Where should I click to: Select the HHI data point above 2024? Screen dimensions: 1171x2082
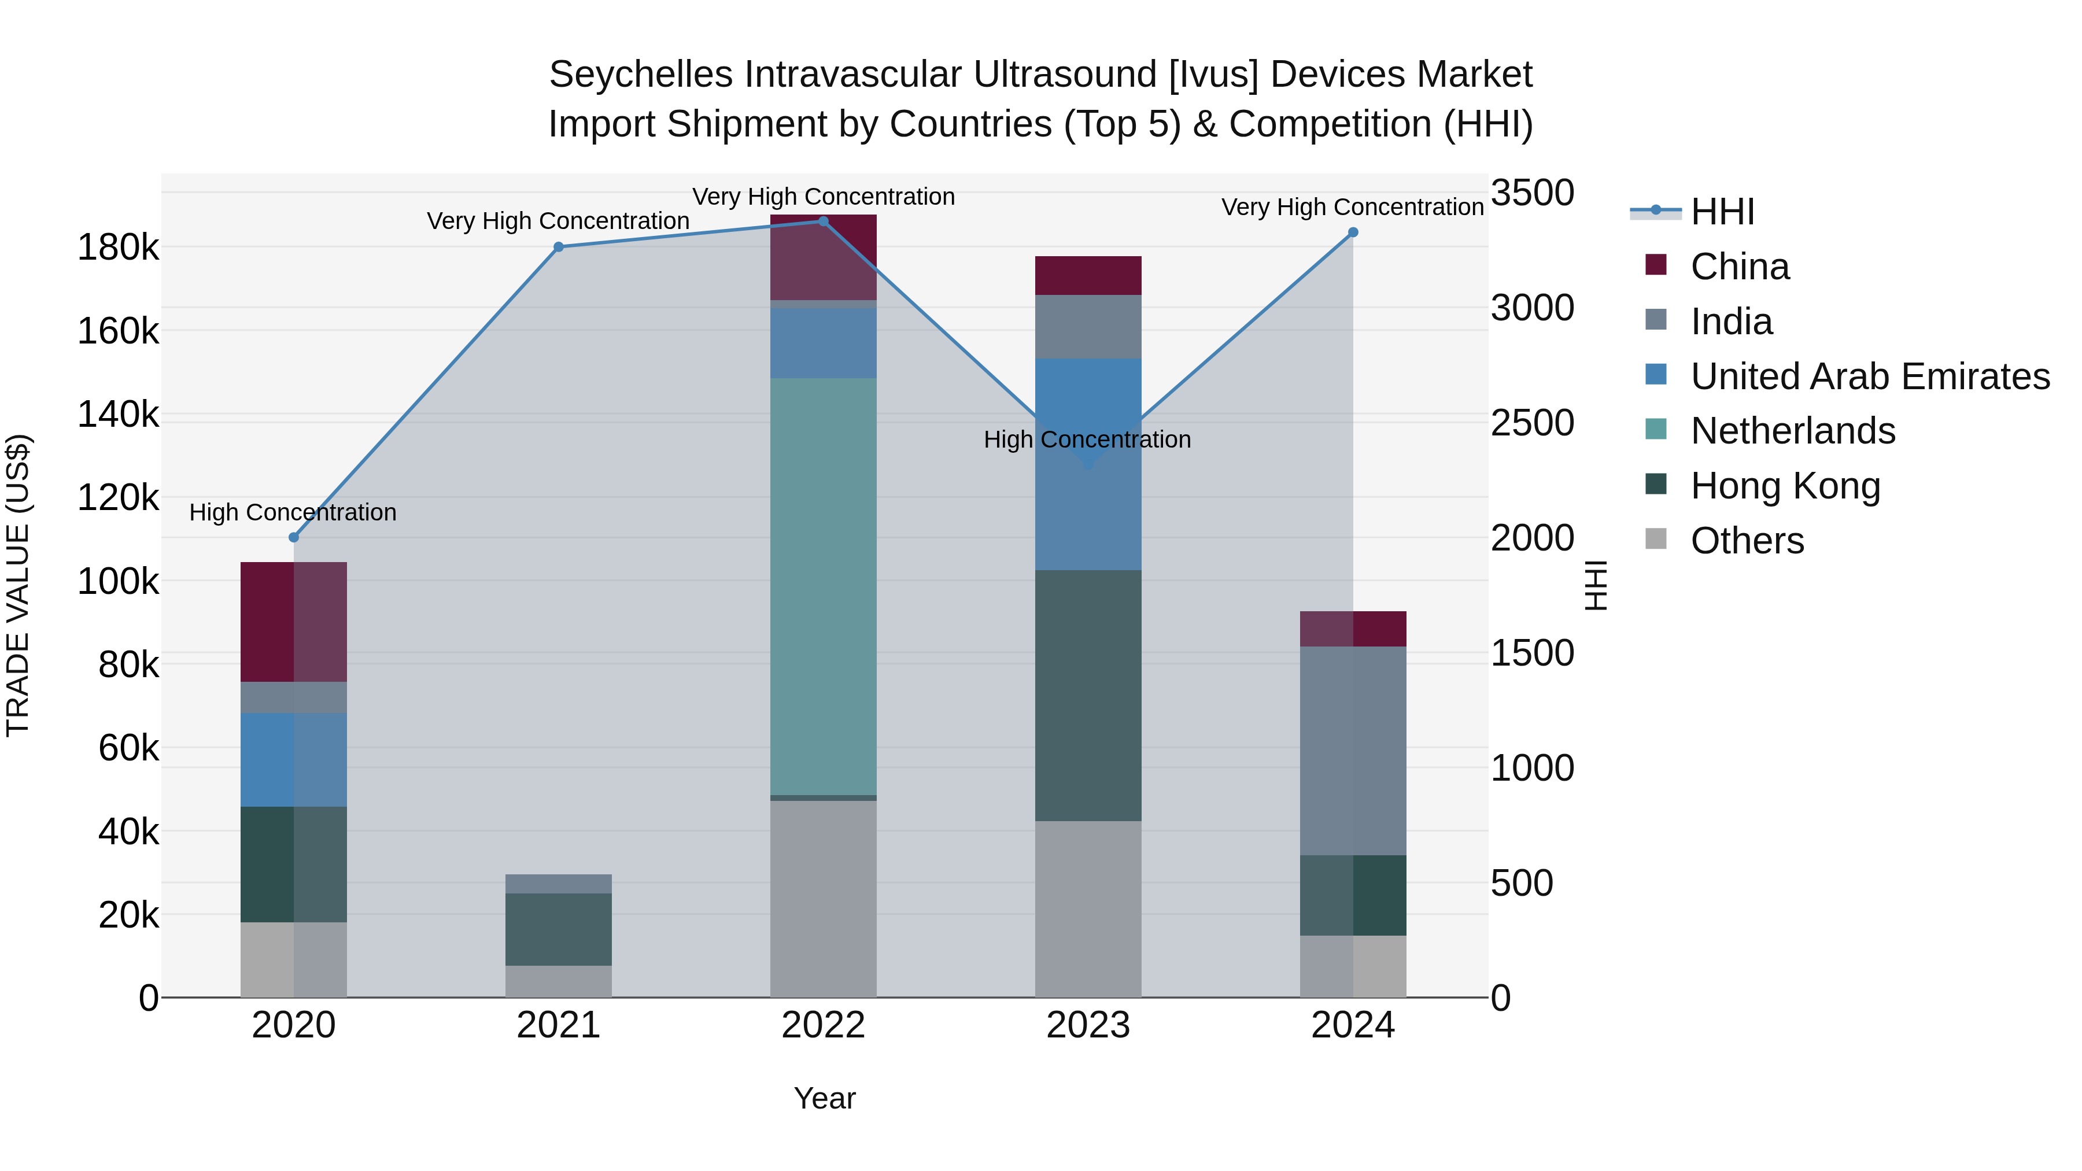[x=1353, y=232]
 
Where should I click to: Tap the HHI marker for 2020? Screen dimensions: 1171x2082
[x=293, y=537]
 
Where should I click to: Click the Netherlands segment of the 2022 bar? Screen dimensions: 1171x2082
[x=823, y=587]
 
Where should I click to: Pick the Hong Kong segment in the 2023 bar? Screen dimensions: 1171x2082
[x=1088, y=695]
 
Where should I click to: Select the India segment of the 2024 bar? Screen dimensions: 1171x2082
[x=1353, y=750]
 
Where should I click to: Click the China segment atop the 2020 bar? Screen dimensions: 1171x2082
[x=293, y=622]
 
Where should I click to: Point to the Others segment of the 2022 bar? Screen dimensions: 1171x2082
[x=823, y=899]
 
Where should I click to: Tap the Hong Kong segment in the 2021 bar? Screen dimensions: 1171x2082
[x=559, y=929]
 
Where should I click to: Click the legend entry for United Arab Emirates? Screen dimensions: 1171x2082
[x=1869, y=376]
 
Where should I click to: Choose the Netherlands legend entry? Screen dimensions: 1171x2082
[x=1793, y=431]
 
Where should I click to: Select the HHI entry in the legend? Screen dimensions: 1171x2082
[x=1722, y=212]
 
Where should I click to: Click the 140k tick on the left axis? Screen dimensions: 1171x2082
[x=118, y=415]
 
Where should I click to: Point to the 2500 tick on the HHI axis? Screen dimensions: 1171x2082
[x=1531, y=423]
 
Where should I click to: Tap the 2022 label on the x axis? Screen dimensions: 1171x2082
[x=823, y=1025]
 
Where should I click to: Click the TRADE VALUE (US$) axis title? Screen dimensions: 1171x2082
[x=18, y=585]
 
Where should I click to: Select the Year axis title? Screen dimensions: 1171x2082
[x=824, y=1098]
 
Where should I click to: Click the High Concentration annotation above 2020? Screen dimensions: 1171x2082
[x=293, y=512]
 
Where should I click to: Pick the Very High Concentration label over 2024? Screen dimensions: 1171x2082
[x=1352, y=207]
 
